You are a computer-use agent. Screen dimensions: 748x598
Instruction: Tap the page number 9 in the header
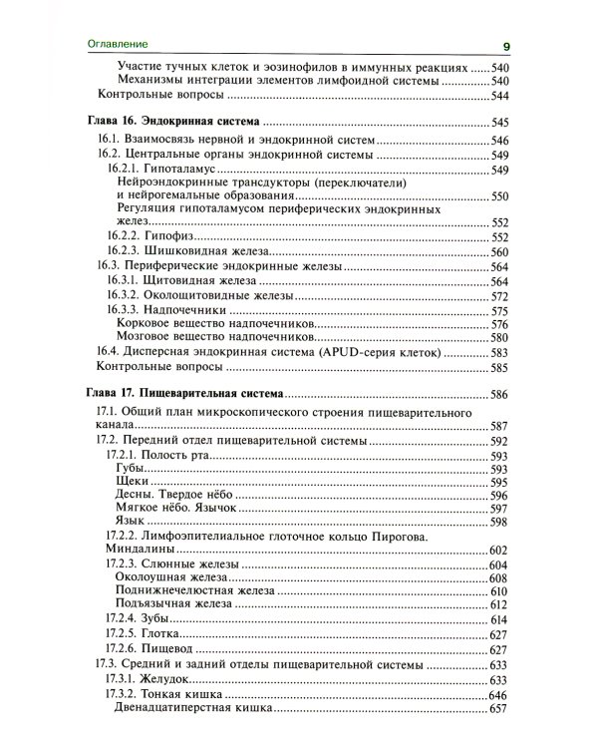pos(506,46)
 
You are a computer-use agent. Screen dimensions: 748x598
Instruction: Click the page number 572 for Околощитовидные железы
pos(499,297)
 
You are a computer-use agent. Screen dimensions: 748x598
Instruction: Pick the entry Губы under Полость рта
pos(132,469)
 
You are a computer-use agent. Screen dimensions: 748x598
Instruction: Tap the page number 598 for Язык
pos(499,522)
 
